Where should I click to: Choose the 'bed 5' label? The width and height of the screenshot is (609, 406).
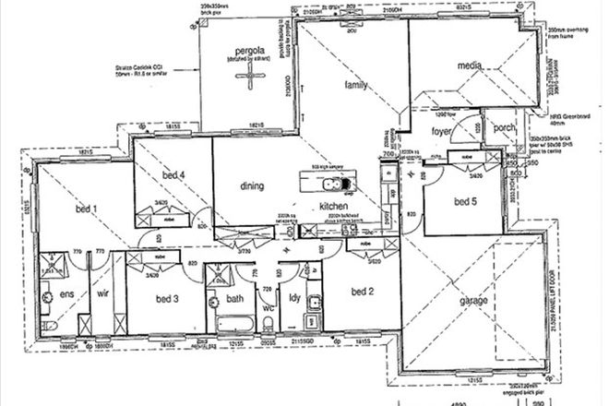point(464,200)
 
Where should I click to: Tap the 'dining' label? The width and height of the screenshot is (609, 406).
point(252,185)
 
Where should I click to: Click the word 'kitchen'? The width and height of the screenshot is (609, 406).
point(331,206)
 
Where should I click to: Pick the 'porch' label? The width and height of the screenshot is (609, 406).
point(505,128)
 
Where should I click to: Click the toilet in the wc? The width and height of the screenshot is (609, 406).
point(267,323)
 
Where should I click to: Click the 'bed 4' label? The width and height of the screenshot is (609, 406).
point(174,175)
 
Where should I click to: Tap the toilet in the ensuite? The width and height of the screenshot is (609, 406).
point(46,297)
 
